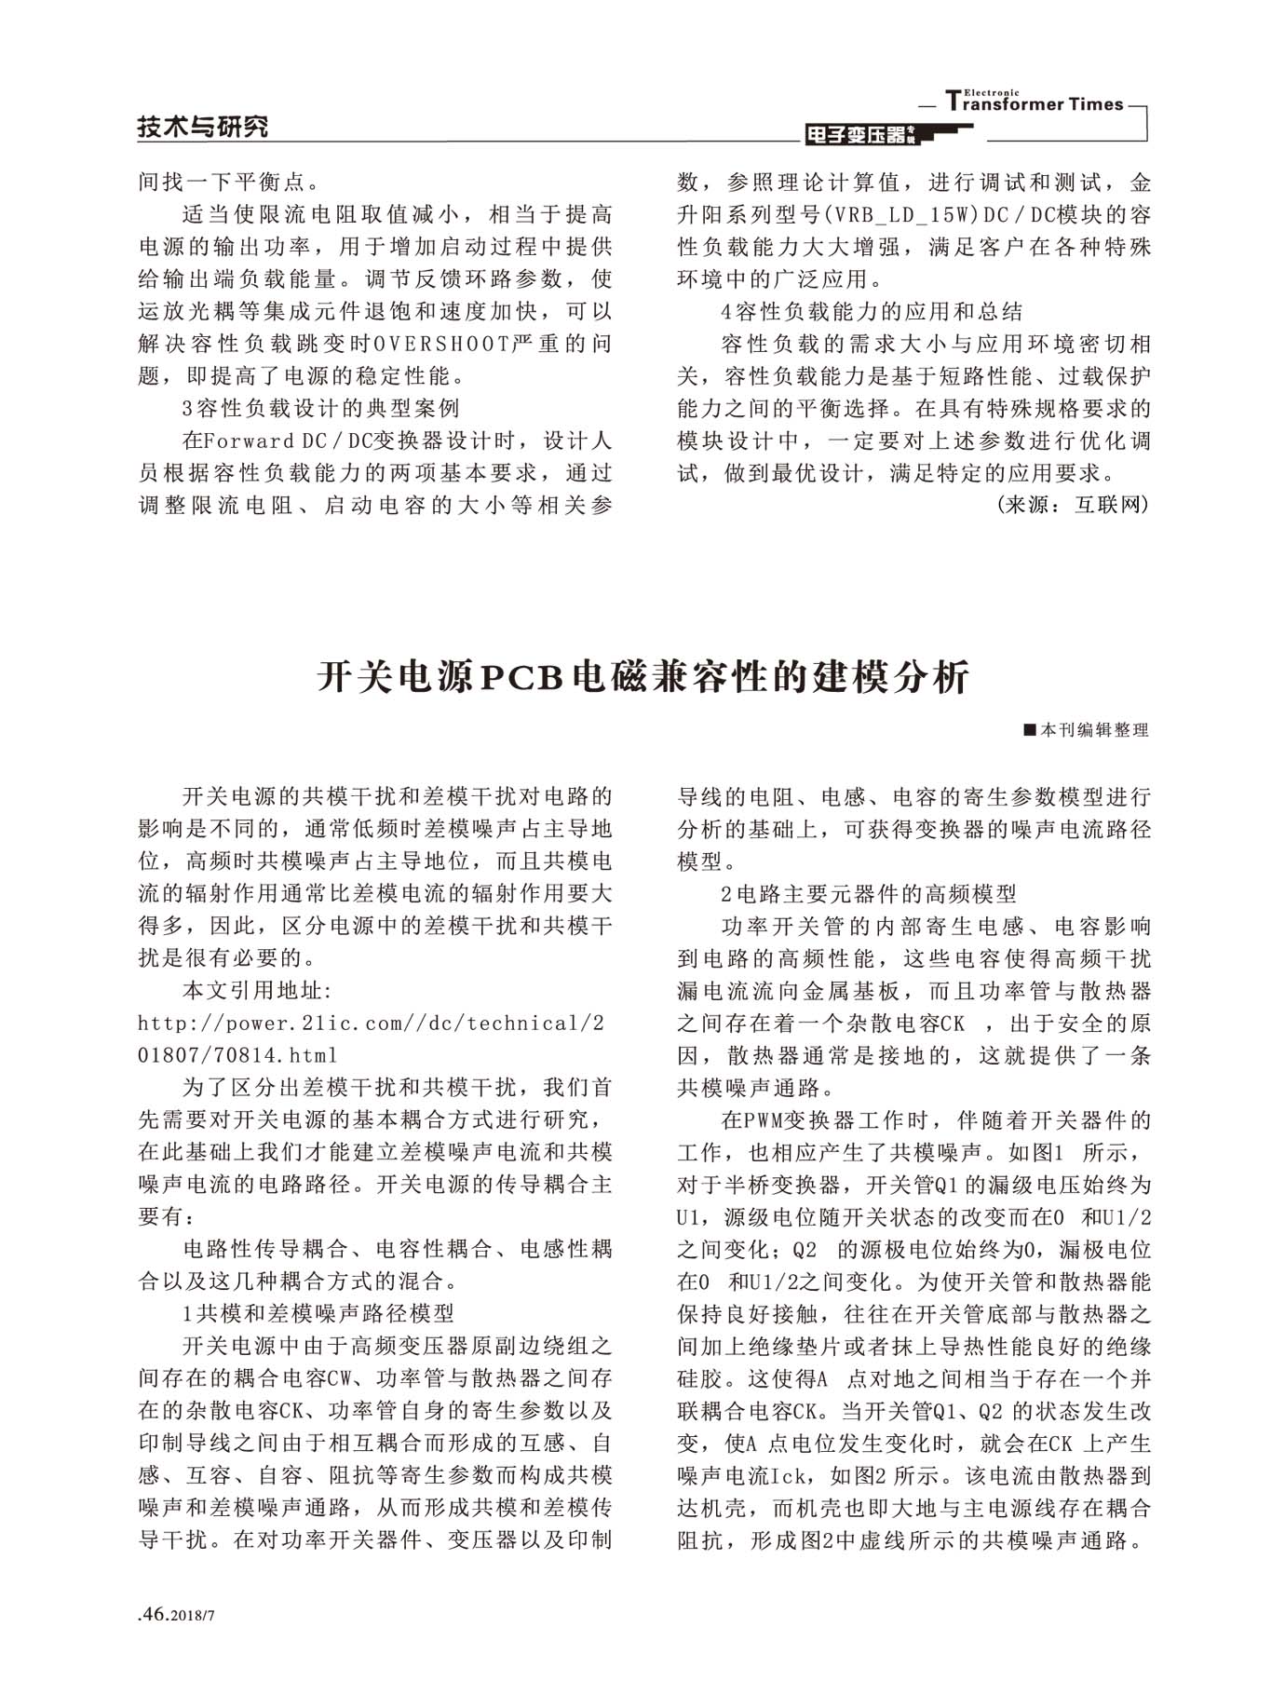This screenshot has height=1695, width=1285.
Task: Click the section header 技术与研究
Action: pos(203,127)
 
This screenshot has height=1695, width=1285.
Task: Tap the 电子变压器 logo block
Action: pos(862,135)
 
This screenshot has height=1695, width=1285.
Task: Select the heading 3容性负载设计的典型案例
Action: pos(320,408)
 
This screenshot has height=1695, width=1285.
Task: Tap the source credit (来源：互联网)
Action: pos(1073,505)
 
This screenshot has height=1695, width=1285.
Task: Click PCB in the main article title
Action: pos(521,677)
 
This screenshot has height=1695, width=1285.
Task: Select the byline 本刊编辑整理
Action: pos(1094,730)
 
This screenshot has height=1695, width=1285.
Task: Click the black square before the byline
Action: pos(1029,730)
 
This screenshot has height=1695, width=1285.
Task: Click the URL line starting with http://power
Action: pos(371,1023)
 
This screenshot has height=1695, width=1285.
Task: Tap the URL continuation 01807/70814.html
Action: pos(237,1055)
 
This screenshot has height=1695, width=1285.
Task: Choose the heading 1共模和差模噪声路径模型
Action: pos(318,1313)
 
